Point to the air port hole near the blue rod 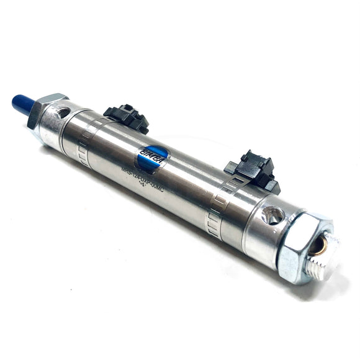point(63,113)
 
